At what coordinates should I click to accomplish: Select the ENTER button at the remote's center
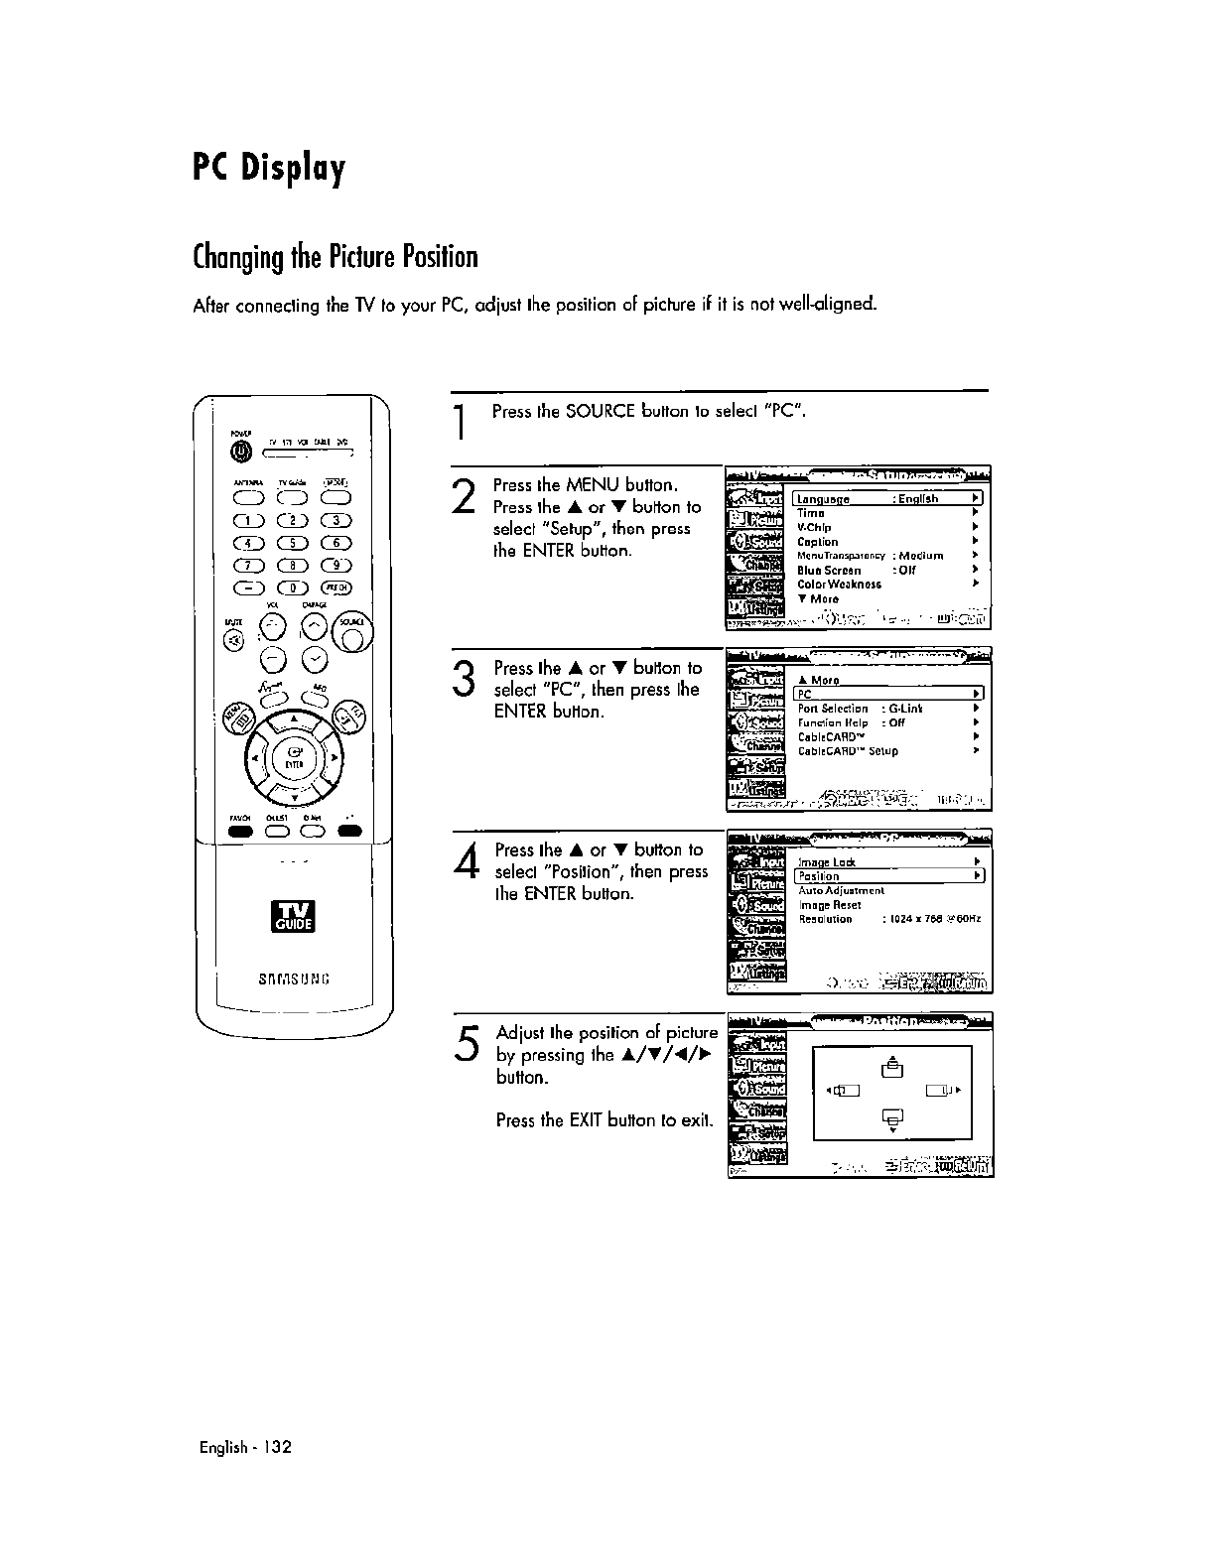(293, 759)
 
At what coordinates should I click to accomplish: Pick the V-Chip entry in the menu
(815, 528)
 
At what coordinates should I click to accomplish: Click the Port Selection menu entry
(834, 709)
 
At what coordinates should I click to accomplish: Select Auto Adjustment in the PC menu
(841, 891)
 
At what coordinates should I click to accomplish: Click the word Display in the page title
(295, 169)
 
